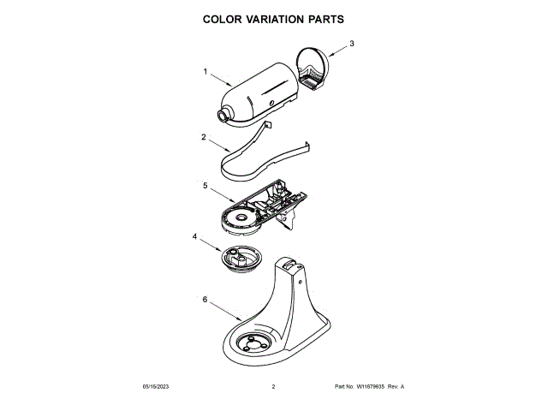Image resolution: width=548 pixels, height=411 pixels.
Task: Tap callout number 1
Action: (205, 72)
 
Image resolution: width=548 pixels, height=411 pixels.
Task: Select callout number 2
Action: (203, 137)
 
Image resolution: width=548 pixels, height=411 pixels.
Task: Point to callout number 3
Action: (351, 44)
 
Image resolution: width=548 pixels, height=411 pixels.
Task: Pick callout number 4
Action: (194, 236)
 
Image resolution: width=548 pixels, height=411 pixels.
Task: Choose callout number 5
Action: (205, 185)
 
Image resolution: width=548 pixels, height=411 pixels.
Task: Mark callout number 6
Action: (204, 300)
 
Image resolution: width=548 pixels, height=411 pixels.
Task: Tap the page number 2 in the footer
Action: (273, 387)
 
